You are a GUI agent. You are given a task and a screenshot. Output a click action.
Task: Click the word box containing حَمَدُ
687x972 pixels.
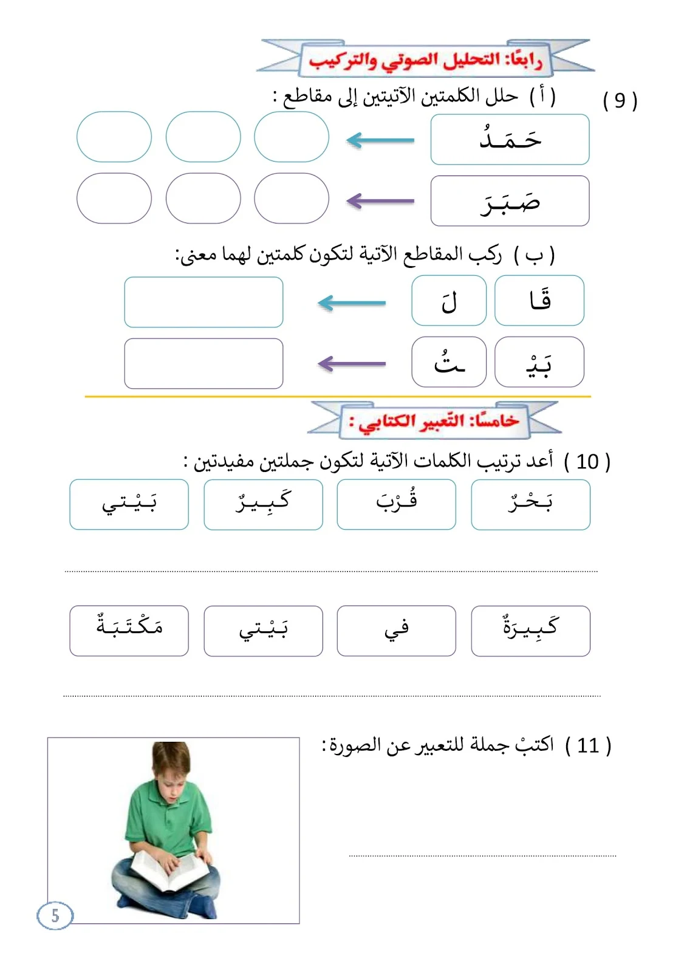(x=510, y=140)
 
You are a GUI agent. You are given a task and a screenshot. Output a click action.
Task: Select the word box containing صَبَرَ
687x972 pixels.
(x=510, y=201)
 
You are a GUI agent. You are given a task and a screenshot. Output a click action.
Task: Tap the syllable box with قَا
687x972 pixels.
(x=539, y=301)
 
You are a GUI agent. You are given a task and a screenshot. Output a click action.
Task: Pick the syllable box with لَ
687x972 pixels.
(x=449, y=301)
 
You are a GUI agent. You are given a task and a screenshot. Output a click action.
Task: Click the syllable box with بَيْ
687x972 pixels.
(x=539, y=363)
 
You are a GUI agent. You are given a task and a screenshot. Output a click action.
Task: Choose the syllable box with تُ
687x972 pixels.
(x=449, y=363)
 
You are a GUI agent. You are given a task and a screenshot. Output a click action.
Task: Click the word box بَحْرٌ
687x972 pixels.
(x=530, y=504)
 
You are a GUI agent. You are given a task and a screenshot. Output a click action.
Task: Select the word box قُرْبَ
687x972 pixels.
(x=396, y=504)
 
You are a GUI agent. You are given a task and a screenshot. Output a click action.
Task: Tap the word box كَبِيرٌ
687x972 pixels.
(x=263, y=504)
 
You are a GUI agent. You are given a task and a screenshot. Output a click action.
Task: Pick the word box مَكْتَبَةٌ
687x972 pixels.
(x=129, y=631)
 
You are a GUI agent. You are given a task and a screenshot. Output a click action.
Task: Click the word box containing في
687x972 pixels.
(x=396, y=631)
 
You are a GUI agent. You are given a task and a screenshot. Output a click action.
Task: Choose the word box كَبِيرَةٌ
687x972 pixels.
(x=530, y=631)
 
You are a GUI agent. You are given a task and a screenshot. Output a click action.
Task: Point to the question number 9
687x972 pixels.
(x=620, y=100)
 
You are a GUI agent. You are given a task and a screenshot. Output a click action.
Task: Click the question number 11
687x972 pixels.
(x=588, y=745)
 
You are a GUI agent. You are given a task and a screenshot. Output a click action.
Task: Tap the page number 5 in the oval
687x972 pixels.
(x=55, y=916)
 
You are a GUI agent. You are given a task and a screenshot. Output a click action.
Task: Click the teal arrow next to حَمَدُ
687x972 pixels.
(x=380, y=140)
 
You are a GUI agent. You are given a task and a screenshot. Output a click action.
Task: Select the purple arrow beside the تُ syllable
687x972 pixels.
(x=352, y=364)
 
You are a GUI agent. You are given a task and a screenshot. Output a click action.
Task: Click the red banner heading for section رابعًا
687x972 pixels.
(x=425, y=60)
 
